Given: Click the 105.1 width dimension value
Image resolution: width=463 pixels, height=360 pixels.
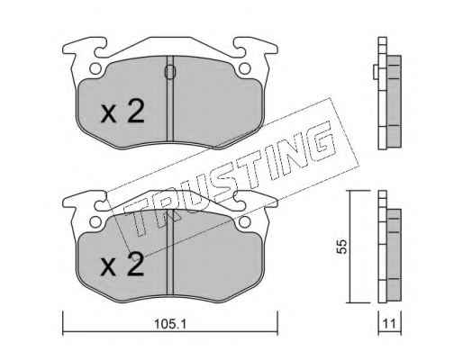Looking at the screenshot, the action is pos(170,324).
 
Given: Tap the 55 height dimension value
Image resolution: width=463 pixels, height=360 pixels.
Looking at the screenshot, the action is pos(342,247).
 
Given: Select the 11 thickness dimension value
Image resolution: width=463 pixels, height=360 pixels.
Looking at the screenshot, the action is pos(389,324).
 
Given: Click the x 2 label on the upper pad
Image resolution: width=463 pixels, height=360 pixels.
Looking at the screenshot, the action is pos(123,112).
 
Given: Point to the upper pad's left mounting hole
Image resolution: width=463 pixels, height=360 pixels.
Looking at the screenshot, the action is pos(95,69).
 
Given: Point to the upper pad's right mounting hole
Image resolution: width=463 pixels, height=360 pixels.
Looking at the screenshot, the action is pos(245,69).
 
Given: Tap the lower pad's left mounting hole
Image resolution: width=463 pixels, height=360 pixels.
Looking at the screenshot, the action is pos(95,221).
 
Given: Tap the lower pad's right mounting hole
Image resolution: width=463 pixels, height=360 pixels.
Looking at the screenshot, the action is pos(245,221).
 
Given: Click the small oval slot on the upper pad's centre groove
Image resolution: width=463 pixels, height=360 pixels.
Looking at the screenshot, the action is pos(170,72).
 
